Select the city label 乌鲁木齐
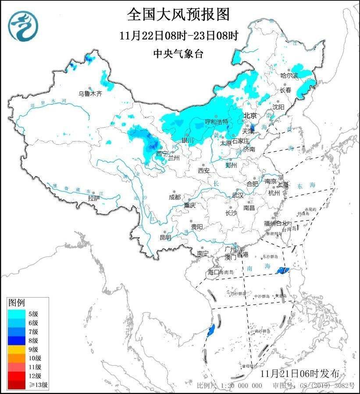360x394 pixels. pos(90,93)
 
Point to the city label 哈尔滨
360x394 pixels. pos(289,75)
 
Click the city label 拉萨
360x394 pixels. pos(94,199)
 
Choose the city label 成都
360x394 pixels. pos(175,197)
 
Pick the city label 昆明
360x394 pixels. pos(165,237)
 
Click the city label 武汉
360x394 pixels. pos(237,195)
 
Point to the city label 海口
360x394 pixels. pos(213,272)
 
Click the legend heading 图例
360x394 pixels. pos(17,302)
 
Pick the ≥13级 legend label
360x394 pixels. pos(39,385)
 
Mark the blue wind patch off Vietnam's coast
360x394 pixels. pos(211,330)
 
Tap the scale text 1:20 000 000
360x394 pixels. pos(240,386)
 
